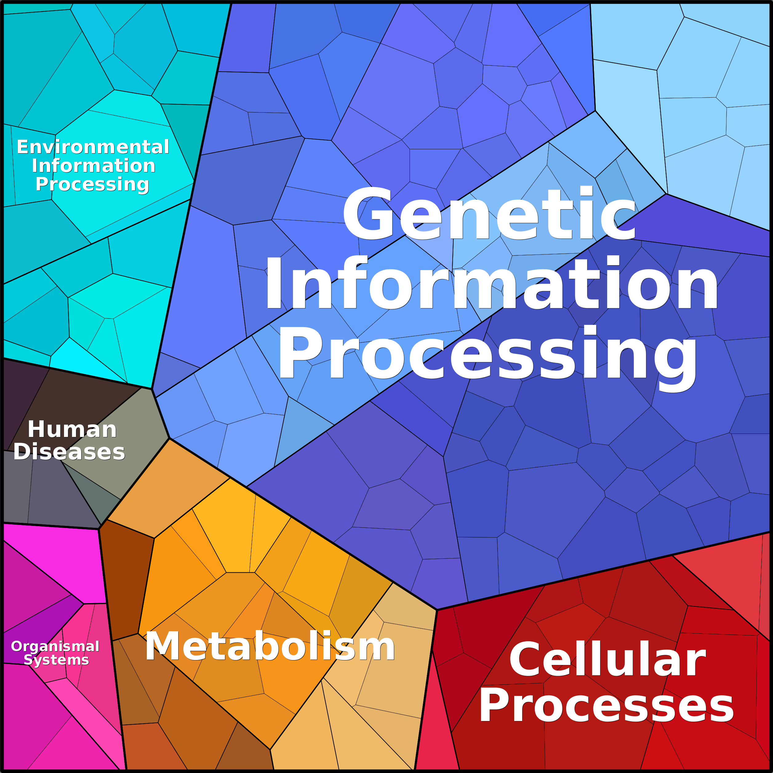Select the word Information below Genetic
tap(491, 283)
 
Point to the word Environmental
tap(93, 147)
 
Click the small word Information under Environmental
tap(93, 166)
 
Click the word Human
tap(72, 430)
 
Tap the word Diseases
tap(69, 452)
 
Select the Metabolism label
tap(270, 646)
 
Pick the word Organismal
tap(55, 647)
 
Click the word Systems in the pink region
tap(56, 660)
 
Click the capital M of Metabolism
tap(163, 646)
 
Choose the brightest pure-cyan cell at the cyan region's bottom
tap(86, 362)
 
